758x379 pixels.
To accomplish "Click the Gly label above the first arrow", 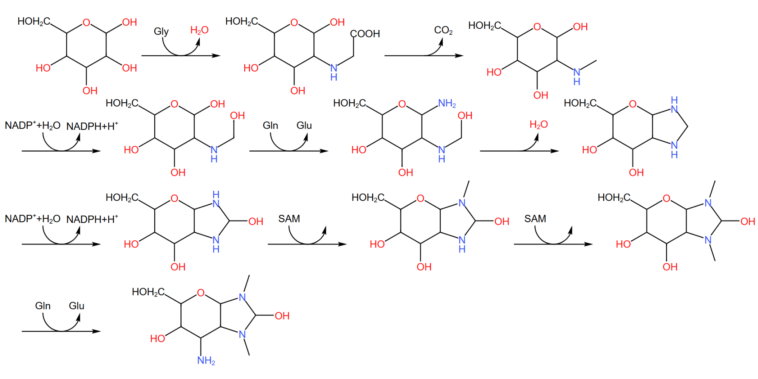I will coord(161,31).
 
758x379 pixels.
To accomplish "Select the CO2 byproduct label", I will coord(443,30).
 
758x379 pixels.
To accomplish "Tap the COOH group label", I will coord(365,34).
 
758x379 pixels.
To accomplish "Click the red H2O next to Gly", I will coord(199,30).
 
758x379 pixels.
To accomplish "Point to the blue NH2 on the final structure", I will coord(206,360).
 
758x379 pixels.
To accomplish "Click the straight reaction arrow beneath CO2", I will coord(424,56).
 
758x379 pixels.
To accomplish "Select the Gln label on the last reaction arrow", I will coord(43,306).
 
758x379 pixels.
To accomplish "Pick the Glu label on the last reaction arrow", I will coord(77,306).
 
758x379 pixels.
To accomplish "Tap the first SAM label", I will coord(289,219).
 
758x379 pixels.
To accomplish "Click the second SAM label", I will coord(535,219).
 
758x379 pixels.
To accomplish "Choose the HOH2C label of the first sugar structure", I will coord(34,22).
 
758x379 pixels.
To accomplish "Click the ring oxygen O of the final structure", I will coord(201,293).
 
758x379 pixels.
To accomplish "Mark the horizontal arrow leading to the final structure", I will coord(61,331).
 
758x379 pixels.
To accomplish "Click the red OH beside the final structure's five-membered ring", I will coord(282,316).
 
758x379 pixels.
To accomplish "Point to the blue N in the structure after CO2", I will coord(576,72).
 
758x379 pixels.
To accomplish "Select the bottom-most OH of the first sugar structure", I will coord(90,91).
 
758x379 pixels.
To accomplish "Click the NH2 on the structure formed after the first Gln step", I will coord(447,103).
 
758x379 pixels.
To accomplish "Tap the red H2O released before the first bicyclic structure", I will coord(539,125).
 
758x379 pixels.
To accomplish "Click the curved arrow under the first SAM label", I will coord(307,237).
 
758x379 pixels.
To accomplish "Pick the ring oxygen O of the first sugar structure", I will coord(86,23).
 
